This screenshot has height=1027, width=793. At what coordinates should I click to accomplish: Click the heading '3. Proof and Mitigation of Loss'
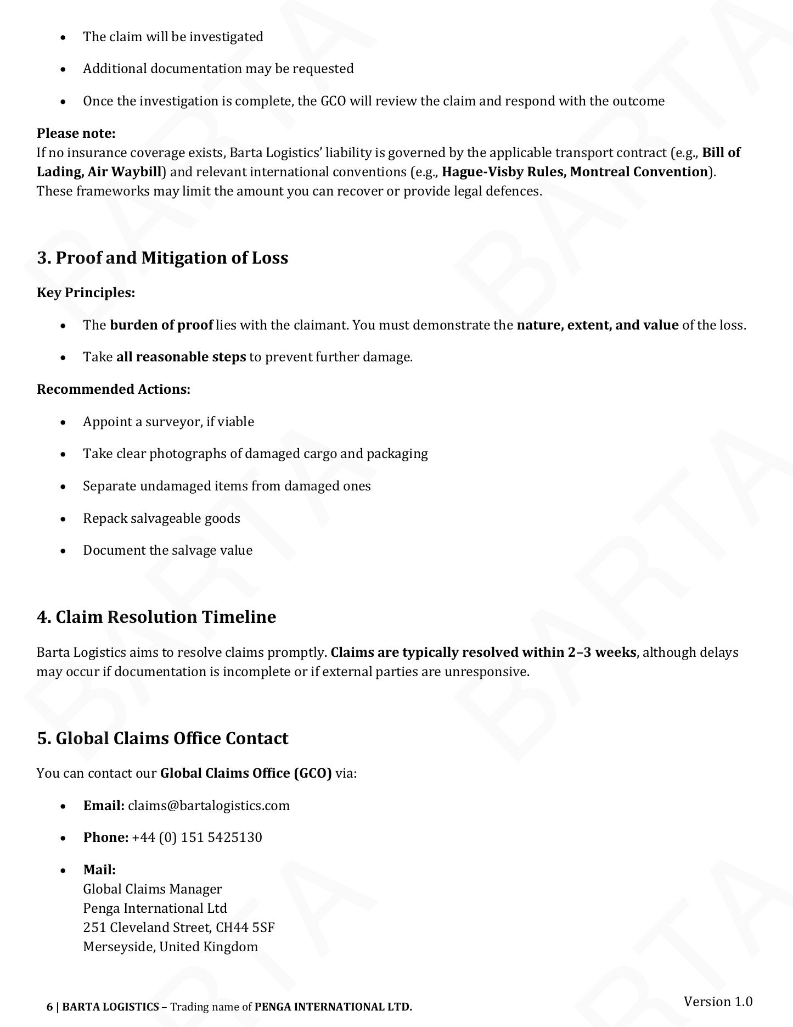pyautogui.click(x=162, y=258)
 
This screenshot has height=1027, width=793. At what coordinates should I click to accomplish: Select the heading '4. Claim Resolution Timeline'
pyautogui.click(x=156, y=617)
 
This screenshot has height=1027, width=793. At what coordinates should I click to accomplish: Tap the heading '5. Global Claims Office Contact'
pyautogui.click(x=162, y=738)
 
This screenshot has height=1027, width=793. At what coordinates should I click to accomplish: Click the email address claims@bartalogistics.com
pyautogui.click(x=209, y=805)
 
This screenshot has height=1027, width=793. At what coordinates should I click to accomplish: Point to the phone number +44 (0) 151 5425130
pyautogui.click(x=197, y=837)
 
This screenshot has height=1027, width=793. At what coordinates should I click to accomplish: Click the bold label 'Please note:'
pyautogui.click(x=76, y=133)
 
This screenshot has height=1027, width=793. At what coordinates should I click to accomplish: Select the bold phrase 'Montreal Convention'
pyautogui.click(x=639, y=172)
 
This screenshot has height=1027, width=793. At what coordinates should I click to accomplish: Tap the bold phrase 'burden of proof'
pyautogui.click(x=161, y=325)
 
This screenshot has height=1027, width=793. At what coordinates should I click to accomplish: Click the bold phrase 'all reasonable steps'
pyautogui.click(x=181, y=357)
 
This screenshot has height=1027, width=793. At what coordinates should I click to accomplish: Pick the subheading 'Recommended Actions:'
pyautogui.click(x=114, y=389)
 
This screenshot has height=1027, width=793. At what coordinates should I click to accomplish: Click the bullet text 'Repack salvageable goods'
pyautogui.click(x=161, y=518)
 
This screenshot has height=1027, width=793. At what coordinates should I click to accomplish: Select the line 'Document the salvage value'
pyautogui.click(x=168, y=550)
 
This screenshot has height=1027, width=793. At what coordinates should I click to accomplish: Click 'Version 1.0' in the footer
pyautogui.click(x=718, y=1001)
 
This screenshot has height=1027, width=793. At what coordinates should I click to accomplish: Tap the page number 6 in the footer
pyautogui.click(x=49, y=1007)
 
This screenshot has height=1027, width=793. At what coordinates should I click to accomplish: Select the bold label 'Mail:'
pyautogui.click(x=99, y=869)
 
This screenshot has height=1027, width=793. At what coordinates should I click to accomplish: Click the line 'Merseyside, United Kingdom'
pyautogui.click(x=170, y=946)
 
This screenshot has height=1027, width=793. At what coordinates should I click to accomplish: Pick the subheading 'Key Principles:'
pyautogui.click(x=86, y=293)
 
